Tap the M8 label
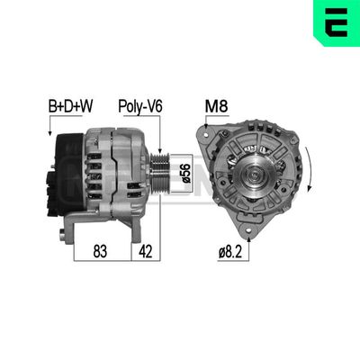[217, 107]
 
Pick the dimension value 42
[143, 252]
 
